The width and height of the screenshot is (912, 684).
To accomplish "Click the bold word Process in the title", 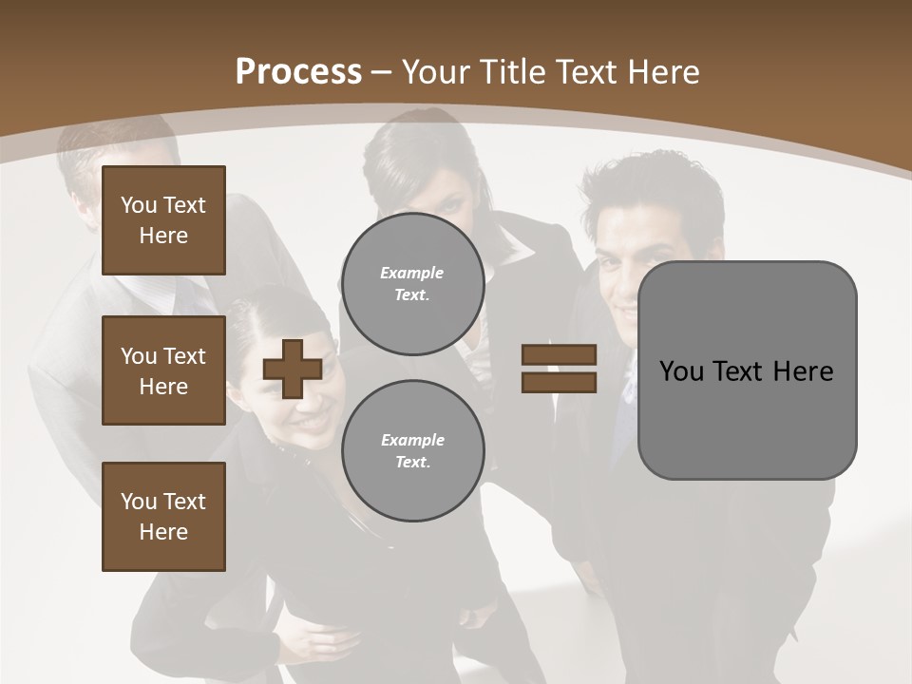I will tap(298, 72).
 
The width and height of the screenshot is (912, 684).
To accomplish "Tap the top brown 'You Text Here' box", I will tap(163, 220).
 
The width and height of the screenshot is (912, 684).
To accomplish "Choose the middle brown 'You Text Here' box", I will tap(163, 370).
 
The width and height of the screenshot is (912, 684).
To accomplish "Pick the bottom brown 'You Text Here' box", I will tap(163, 517).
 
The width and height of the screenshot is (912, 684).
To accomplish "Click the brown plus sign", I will tap(293, 369).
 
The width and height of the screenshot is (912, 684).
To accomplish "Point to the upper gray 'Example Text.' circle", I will tap(412, 284).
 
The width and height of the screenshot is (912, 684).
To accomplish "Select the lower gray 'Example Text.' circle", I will tap(412, 451).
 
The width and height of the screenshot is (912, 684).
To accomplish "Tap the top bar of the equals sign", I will tap(559, 355).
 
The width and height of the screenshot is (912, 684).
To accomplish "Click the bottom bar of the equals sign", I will tap(559, 382).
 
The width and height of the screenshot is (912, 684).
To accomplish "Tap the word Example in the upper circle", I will tap(412, 274).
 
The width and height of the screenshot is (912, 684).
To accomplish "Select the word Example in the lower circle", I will tap(412, 441).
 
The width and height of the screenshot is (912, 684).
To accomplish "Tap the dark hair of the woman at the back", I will tap(418, 152).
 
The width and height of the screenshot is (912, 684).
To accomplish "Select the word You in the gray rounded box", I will tap(681, 371).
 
